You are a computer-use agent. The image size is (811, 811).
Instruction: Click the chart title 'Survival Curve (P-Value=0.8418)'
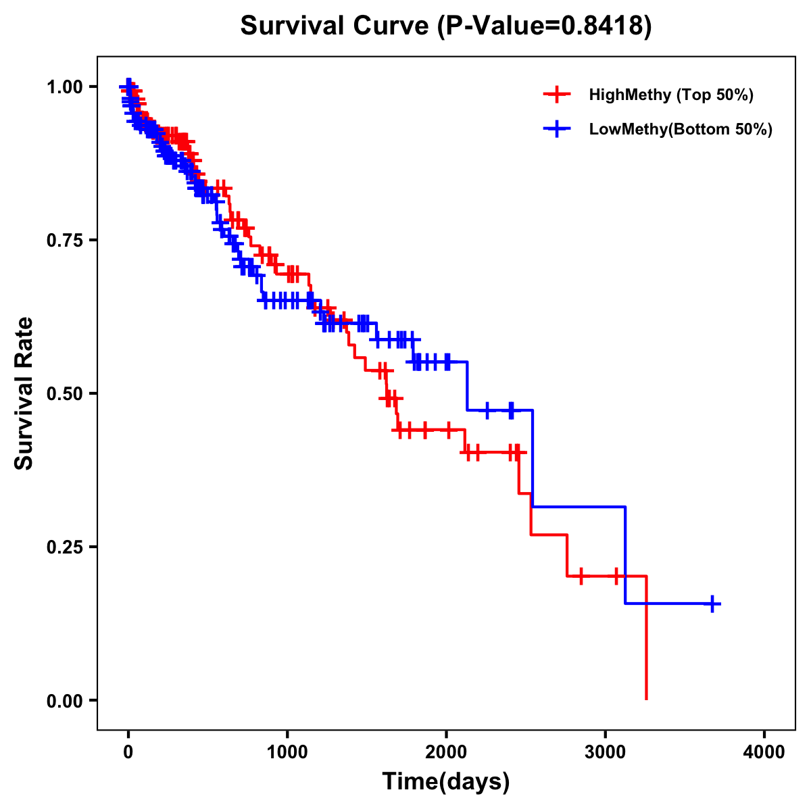[x=446, y=26]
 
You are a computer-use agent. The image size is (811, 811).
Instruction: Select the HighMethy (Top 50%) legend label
[x=670, y=95]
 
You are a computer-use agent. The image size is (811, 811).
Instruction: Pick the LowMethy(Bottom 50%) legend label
[x=680, y=130]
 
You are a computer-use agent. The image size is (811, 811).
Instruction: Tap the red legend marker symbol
[x=556, y=95]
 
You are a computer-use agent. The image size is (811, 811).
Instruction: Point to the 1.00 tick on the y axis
[x=64, y=87]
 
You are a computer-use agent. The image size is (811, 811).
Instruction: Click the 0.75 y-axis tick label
[x=64, y=241]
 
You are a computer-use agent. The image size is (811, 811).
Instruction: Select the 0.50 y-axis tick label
[x=64, y=394]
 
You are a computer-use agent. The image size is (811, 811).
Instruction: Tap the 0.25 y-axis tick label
[x=64, y=547]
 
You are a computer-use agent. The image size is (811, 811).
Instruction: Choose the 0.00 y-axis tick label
[x=64, y=701]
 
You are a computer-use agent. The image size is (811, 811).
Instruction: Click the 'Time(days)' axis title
[x=446, y=782]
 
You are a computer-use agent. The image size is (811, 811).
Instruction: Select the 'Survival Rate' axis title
[x=24, y=393]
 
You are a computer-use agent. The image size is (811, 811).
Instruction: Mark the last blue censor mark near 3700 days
[x=712, y=604]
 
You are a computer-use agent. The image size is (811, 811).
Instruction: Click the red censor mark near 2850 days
[x=581, y=576]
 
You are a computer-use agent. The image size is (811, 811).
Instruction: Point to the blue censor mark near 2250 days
[x=487, y=410]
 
